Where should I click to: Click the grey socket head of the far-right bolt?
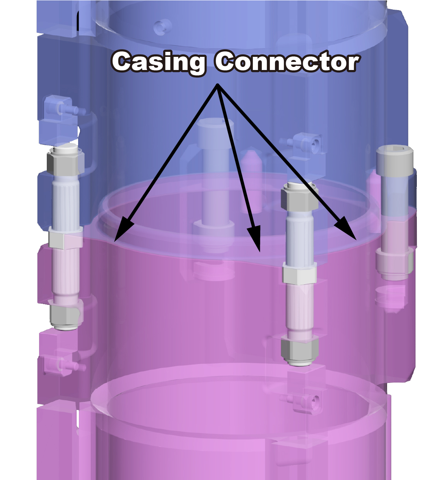(x=394, y=161)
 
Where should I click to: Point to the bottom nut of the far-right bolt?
(x=394, y=263)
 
